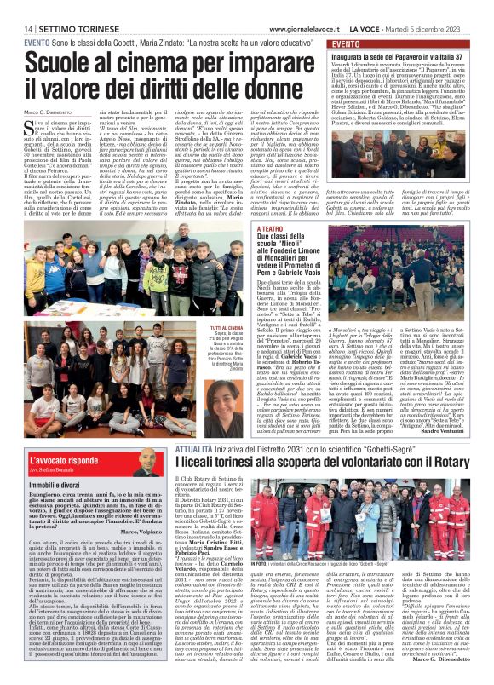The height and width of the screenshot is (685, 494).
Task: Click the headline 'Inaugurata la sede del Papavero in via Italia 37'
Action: [404, 56]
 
